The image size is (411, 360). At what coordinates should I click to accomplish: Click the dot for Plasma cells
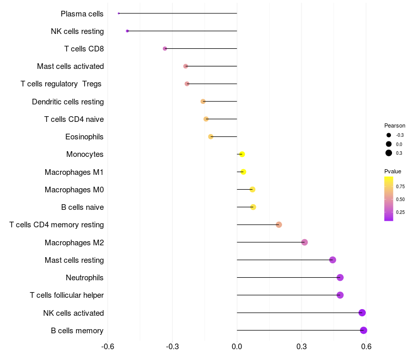[119, 13]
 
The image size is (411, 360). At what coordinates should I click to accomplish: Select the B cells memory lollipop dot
[364, 330]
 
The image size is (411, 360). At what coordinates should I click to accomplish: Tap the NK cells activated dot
[362, 313]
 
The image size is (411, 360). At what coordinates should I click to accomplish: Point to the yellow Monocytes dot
[242, 154]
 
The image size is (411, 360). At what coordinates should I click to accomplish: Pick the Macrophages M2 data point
[305, 242]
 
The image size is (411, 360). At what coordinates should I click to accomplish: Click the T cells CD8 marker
[165, 48]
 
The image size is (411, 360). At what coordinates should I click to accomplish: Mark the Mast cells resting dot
[332, 260]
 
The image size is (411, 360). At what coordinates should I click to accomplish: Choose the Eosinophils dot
[211, 137]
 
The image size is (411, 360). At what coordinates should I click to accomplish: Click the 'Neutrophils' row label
[85, 278]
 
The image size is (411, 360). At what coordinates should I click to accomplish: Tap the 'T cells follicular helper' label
[67, 295]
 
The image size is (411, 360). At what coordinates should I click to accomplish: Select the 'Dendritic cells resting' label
[68, 102]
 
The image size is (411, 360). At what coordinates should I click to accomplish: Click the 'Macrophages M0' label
[74, 190]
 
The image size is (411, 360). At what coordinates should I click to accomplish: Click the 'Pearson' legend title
[395, 125]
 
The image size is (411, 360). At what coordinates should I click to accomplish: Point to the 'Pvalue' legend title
[393, 171]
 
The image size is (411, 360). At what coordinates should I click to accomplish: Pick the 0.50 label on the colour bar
[400, 199]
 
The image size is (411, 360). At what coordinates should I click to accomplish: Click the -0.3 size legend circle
[389, 135]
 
